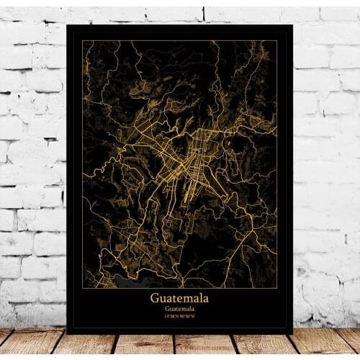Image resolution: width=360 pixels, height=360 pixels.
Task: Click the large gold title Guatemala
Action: tap(179, 297)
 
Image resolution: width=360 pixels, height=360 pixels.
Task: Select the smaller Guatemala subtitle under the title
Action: tap(179, 309)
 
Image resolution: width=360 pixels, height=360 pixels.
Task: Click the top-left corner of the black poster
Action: tap(67, 25)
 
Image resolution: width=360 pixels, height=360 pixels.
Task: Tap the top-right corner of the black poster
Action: tap(292, 25)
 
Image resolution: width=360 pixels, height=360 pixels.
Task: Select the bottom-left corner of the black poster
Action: tap(67, 333)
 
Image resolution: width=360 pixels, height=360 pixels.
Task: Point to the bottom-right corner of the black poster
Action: tap(292, 333)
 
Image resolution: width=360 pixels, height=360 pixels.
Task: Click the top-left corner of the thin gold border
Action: tap(82, 41)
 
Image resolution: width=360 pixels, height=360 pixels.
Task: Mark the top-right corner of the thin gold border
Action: tap(277, 41)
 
